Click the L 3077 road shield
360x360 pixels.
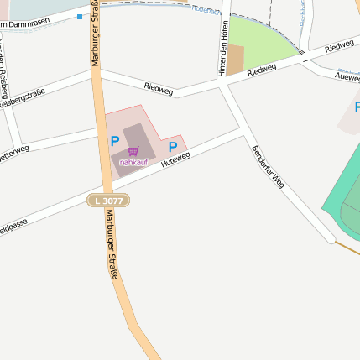108,200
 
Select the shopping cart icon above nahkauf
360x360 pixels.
133,151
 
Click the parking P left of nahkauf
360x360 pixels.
114,142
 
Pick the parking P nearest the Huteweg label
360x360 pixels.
173,147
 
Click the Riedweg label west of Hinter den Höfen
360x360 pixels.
158,86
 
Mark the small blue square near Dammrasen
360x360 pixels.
79,16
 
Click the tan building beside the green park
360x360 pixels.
235,60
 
